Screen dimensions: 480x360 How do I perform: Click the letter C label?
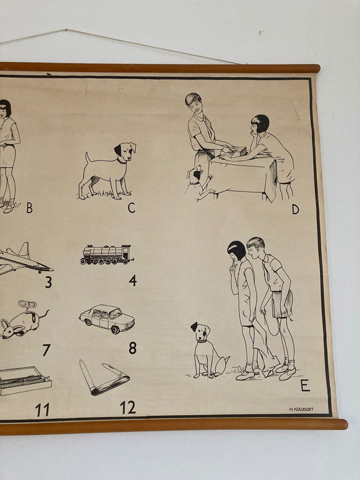click(x=131, y=207)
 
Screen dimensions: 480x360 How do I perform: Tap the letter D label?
click(x=295, y=208)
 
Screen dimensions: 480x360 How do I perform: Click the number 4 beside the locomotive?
click(x=132, y=280)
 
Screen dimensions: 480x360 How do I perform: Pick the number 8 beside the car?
click(x=132, y=348)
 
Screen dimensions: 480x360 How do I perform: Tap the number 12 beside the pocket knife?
click(x=128, y=407)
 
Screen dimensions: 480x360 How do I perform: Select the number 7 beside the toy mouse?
click(x=46, y=350)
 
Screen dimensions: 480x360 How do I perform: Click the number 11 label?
click(x=42, y=410)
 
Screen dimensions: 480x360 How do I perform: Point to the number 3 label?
click(x=48, y=282)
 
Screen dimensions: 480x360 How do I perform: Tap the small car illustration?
click(x=107, y=318)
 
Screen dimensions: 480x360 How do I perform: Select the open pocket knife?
click(x=103, y=379)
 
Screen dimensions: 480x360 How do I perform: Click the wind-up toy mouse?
click(x=23, y=321)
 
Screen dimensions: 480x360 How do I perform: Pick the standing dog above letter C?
click(x=109, y=170)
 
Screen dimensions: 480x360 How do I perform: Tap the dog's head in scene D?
click(x=194, y=174)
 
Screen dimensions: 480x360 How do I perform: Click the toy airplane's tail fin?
click(x=24, y=250)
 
